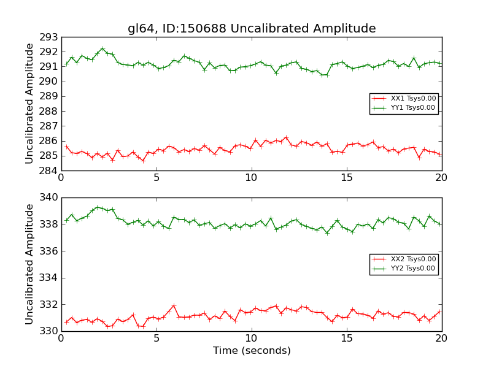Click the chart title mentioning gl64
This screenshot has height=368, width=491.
[x=252, y=29]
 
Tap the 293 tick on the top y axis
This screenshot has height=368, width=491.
[x=48, y=37]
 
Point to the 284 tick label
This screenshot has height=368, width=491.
[x=48, y=171]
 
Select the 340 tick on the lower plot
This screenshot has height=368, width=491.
[x=48, y=197]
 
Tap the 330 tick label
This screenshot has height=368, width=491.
[x=48, y=331]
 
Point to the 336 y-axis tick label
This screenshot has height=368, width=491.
[x=48, y=251]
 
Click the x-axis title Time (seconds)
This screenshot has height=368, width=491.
[x=252, y=351]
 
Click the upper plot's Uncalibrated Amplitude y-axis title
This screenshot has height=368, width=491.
[x=29, y=104]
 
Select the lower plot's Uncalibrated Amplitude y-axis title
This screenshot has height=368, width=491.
[x=29, y=264]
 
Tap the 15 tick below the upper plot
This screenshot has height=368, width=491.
[x=347, y=178]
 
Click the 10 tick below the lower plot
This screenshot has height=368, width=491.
[x=252, y=339]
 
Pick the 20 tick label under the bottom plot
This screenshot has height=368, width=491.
[x=442, y=339]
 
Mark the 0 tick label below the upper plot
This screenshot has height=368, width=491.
[x=61, y=178]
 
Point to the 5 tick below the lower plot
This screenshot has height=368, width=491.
[x=157, y=339]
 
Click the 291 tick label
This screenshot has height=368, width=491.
[x=48, y=66]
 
